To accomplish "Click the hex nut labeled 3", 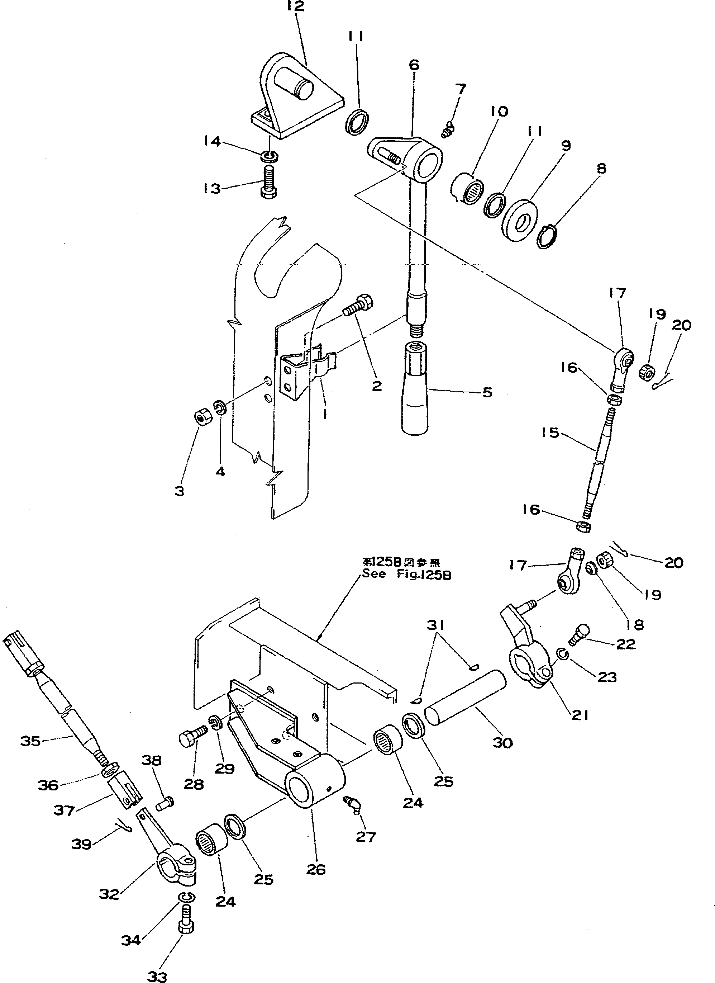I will coord(201,417).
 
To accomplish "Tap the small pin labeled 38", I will coord(167,803).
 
